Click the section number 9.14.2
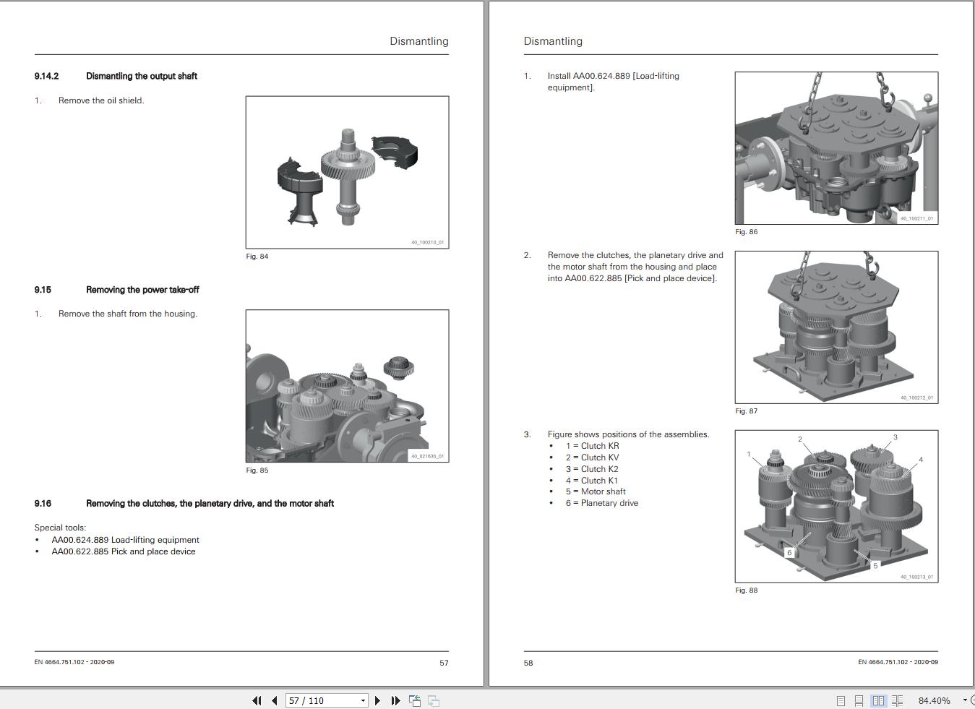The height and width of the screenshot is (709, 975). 46,76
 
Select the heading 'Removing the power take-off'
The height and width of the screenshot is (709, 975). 142,290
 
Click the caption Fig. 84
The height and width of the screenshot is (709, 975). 257,257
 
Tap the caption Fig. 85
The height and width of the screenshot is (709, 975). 257,470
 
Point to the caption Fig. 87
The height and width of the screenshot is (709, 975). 747,411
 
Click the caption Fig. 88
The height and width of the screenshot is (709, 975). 747,590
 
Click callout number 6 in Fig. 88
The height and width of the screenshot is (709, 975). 789,553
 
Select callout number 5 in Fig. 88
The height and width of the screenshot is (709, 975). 875,565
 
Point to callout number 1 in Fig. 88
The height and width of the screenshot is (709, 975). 749,455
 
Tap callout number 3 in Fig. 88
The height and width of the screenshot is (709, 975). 895,437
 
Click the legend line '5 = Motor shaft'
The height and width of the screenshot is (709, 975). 596,491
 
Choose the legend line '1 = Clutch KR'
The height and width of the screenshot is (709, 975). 592,446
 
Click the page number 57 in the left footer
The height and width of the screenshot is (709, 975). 444,663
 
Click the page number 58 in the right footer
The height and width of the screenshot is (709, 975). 528,663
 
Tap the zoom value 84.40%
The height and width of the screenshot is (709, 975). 934,700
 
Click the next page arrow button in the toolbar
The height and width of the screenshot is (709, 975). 377,700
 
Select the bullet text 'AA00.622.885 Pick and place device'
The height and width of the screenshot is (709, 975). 124,551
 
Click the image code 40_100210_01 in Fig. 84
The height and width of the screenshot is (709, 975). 427,242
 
